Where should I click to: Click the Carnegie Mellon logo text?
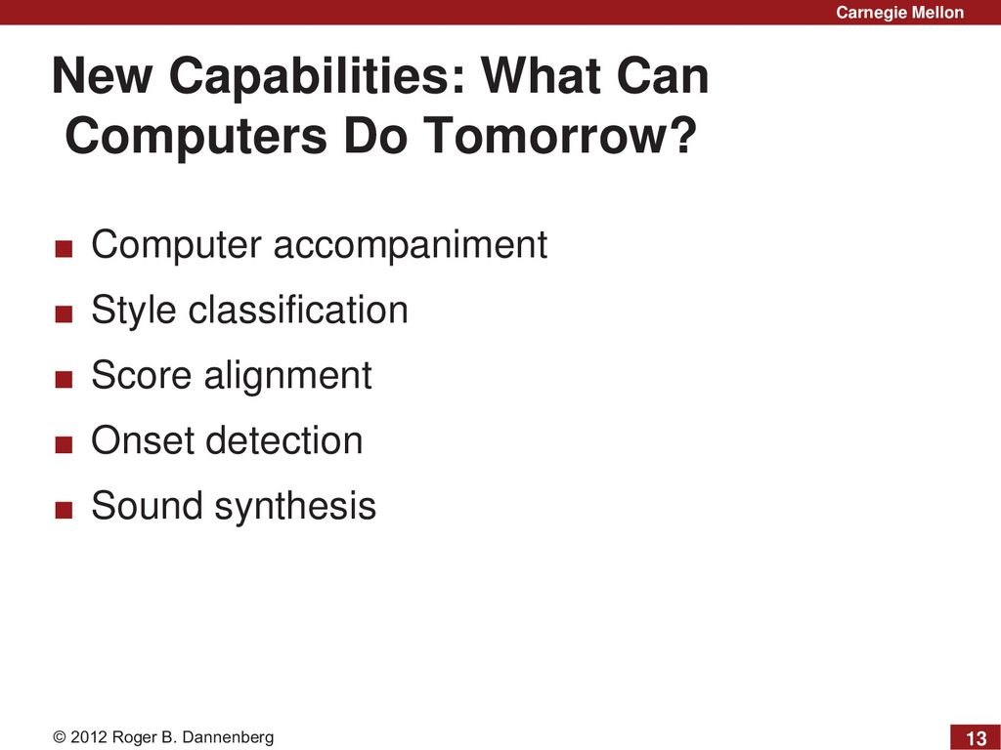click(899, 12)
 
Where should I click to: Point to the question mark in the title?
click(681, 134)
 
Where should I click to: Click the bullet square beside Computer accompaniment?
click(64, 248)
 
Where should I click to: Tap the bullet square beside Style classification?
click(64, 313)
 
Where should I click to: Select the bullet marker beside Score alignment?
click(64, 380)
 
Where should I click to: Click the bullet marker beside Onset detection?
click(64, 444)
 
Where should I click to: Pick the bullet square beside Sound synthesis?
click(64, 510)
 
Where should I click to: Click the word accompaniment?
click(411, 245)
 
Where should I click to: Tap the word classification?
click(298, 310)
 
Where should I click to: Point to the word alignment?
click(288, 376)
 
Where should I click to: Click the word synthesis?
click(295, 507)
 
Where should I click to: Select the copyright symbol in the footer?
click(60, 737)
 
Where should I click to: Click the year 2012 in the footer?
click(89, 737)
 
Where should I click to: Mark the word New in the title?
click(102, 75)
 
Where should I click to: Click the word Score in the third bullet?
click(141, 374)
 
